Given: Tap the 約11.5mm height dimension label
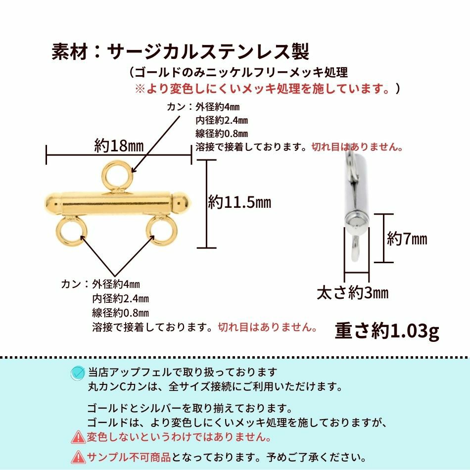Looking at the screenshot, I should click(239, 202).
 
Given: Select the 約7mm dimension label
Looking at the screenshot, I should click(407, 239).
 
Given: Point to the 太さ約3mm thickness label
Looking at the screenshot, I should click(352, 293).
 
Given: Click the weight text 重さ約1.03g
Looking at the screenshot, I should click(387, 330).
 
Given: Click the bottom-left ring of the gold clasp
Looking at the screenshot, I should click(72, 231).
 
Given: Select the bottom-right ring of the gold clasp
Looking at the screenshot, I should click(162, 231).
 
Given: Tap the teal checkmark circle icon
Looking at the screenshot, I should click(77, 373).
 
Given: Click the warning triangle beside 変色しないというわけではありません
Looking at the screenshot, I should click(78, 437).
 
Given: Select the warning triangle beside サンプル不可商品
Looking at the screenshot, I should click(78, 457).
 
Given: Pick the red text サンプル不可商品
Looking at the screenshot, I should click(129, 456).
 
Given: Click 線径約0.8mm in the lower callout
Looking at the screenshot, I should click(120, 313).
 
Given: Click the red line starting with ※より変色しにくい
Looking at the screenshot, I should click(262, 89).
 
